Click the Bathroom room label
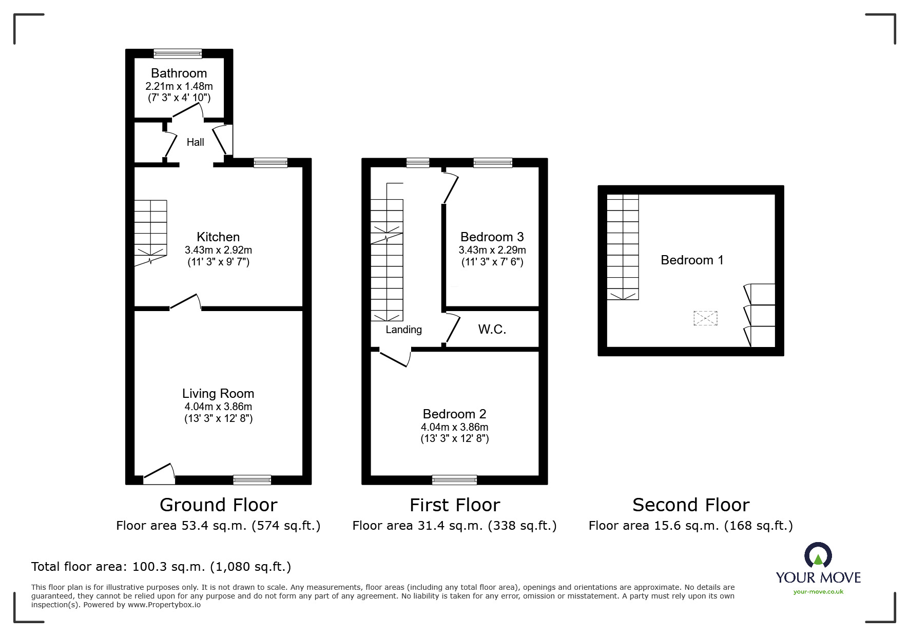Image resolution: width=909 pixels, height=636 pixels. click(179, 73)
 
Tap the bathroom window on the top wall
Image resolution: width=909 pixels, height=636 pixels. click(178, 53)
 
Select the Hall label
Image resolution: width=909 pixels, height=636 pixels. click(195, 142)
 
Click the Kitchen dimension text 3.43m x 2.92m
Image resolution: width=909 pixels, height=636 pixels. click(218, 250)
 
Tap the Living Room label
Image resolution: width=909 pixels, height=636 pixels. click(218, 394)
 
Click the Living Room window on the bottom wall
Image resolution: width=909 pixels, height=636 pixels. click(252, 480)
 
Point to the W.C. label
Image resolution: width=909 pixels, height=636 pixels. click(492, 330)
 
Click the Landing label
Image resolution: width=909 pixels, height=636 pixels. click(403, 330)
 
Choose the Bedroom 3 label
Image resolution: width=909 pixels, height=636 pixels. click(492, 237)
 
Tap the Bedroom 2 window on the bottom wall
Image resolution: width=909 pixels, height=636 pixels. click(454, 480)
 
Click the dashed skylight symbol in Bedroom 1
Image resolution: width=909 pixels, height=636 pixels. click(705, 318)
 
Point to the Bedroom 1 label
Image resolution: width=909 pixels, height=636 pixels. click(691, 260)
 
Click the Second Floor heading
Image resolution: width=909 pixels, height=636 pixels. click(691, 505)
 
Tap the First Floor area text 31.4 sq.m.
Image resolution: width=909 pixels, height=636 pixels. click(454, 526)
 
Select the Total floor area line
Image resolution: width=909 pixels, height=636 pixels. click(161, 567)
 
